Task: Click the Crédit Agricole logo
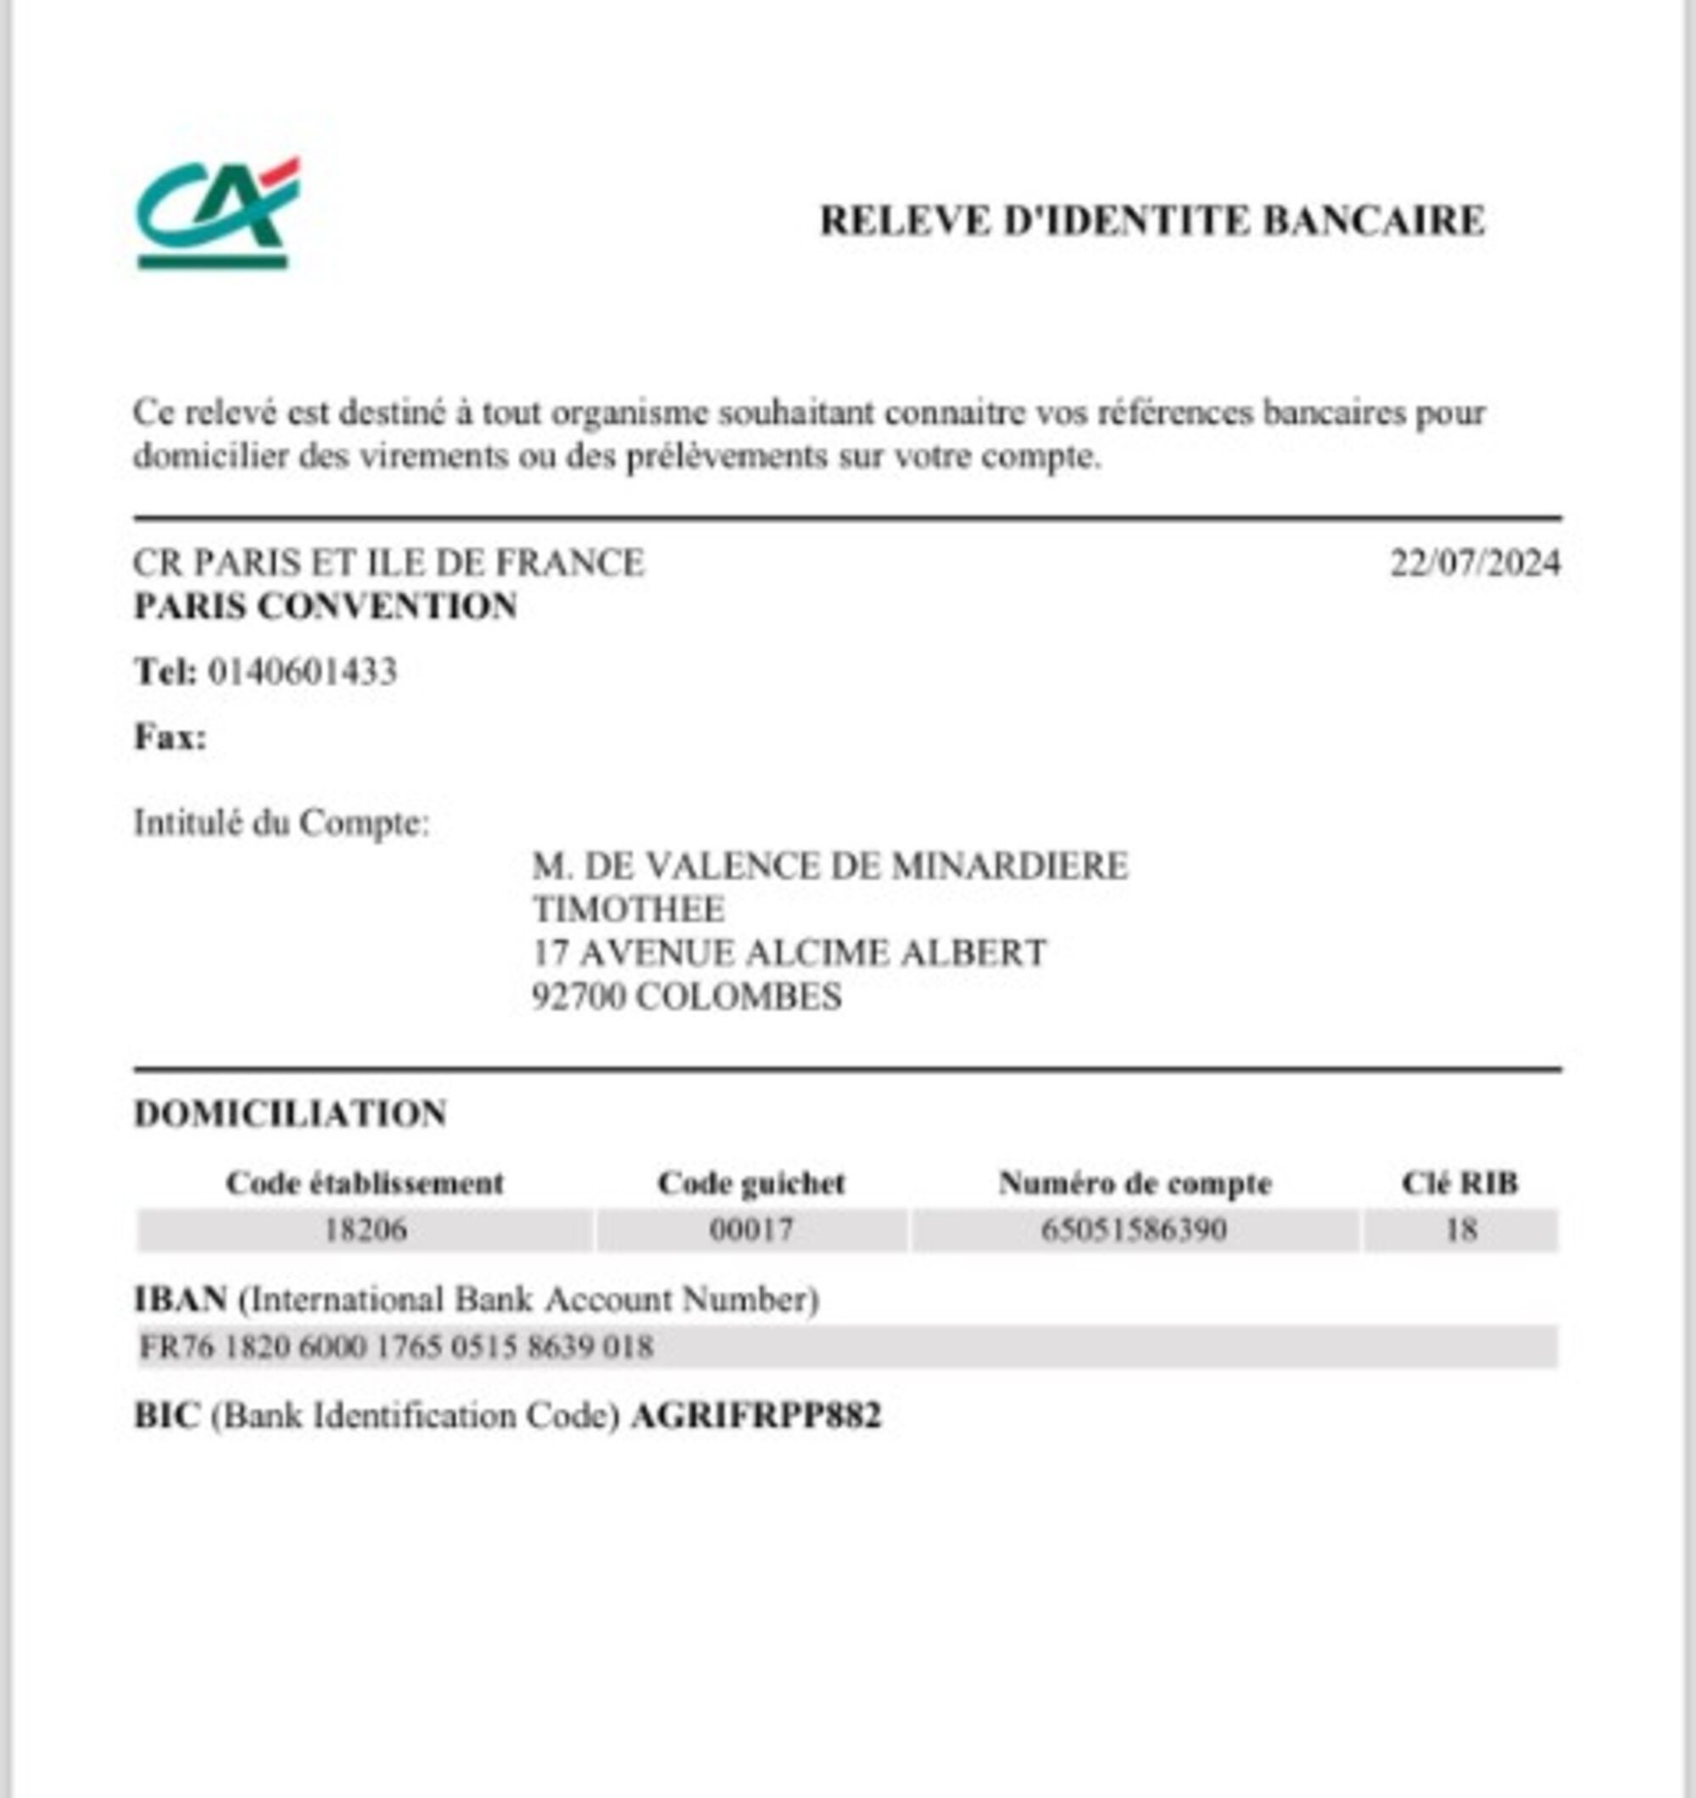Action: [216, 214]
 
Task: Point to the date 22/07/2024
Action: [1475, 563]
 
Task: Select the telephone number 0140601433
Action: [302, 671]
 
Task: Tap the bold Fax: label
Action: [170, 738]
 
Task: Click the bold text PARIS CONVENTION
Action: [326, 606]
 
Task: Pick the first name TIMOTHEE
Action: [628, 909]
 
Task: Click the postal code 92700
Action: [578, 997]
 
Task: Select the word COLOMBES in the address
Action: [738, 997]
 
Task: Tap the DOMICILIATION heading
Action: [290, 1113]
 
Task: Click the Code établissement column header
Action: [365, 1183]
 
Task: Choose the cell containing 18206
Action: [365, 1230]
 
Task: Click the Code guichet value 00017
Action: [751, 1230]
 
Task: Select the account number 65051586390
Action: [1135, 1230]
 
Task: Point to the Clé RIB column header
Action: [1460, 1183]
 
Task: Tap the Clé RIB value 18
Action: [1461, 1230]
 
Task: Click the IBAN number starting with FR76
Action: [396, 1347]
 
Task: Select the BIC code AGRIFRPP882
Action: [756, 1416]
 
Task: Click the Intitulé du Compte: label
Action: [282, 823]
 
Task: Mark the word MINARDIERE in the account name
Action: [1009, 866]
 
